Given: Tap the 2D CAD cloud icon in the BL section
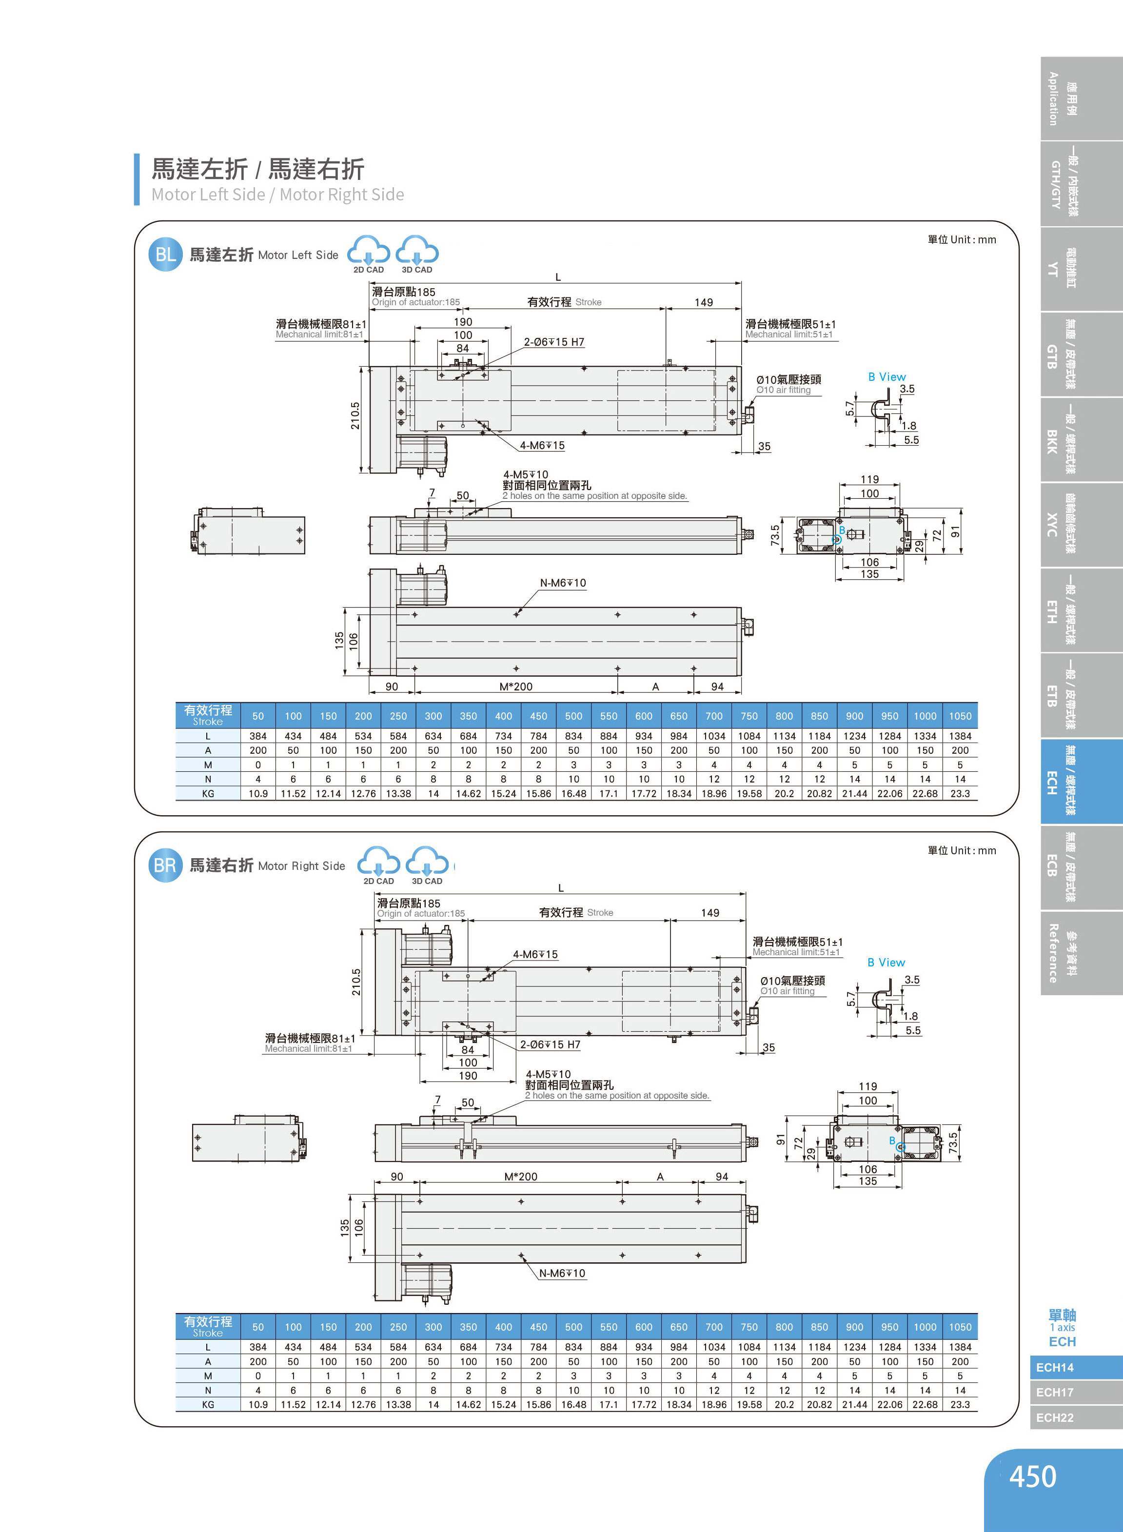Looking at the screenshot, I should [x=369, y=254].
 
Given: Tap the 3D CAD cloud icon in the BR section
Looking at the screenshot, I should [x=427, y=864].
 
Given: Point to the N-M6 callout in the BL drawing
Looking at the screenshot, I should [x=563, y=583].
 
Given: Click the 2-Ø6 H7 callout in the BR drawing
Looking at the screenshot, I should [x=550, y=1044].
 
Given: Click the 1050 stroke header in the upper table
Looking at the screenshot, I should [x=960, y=716].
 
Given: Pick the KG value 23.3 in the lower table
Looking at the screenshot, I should [x=960, y=1404].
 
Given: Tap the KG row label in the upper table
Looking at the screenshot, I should [x=208, y=793].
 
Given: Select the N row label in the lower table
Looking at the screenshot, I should [x=208, y=1390].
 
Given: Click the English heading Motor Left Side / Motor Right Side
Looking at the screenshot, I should [x=277, y=195].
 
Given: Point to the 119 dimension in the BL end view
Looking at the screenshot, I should [x=869, y=479].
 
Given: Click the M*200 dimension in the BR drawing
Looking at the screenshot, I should [x=521, y=1177].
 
